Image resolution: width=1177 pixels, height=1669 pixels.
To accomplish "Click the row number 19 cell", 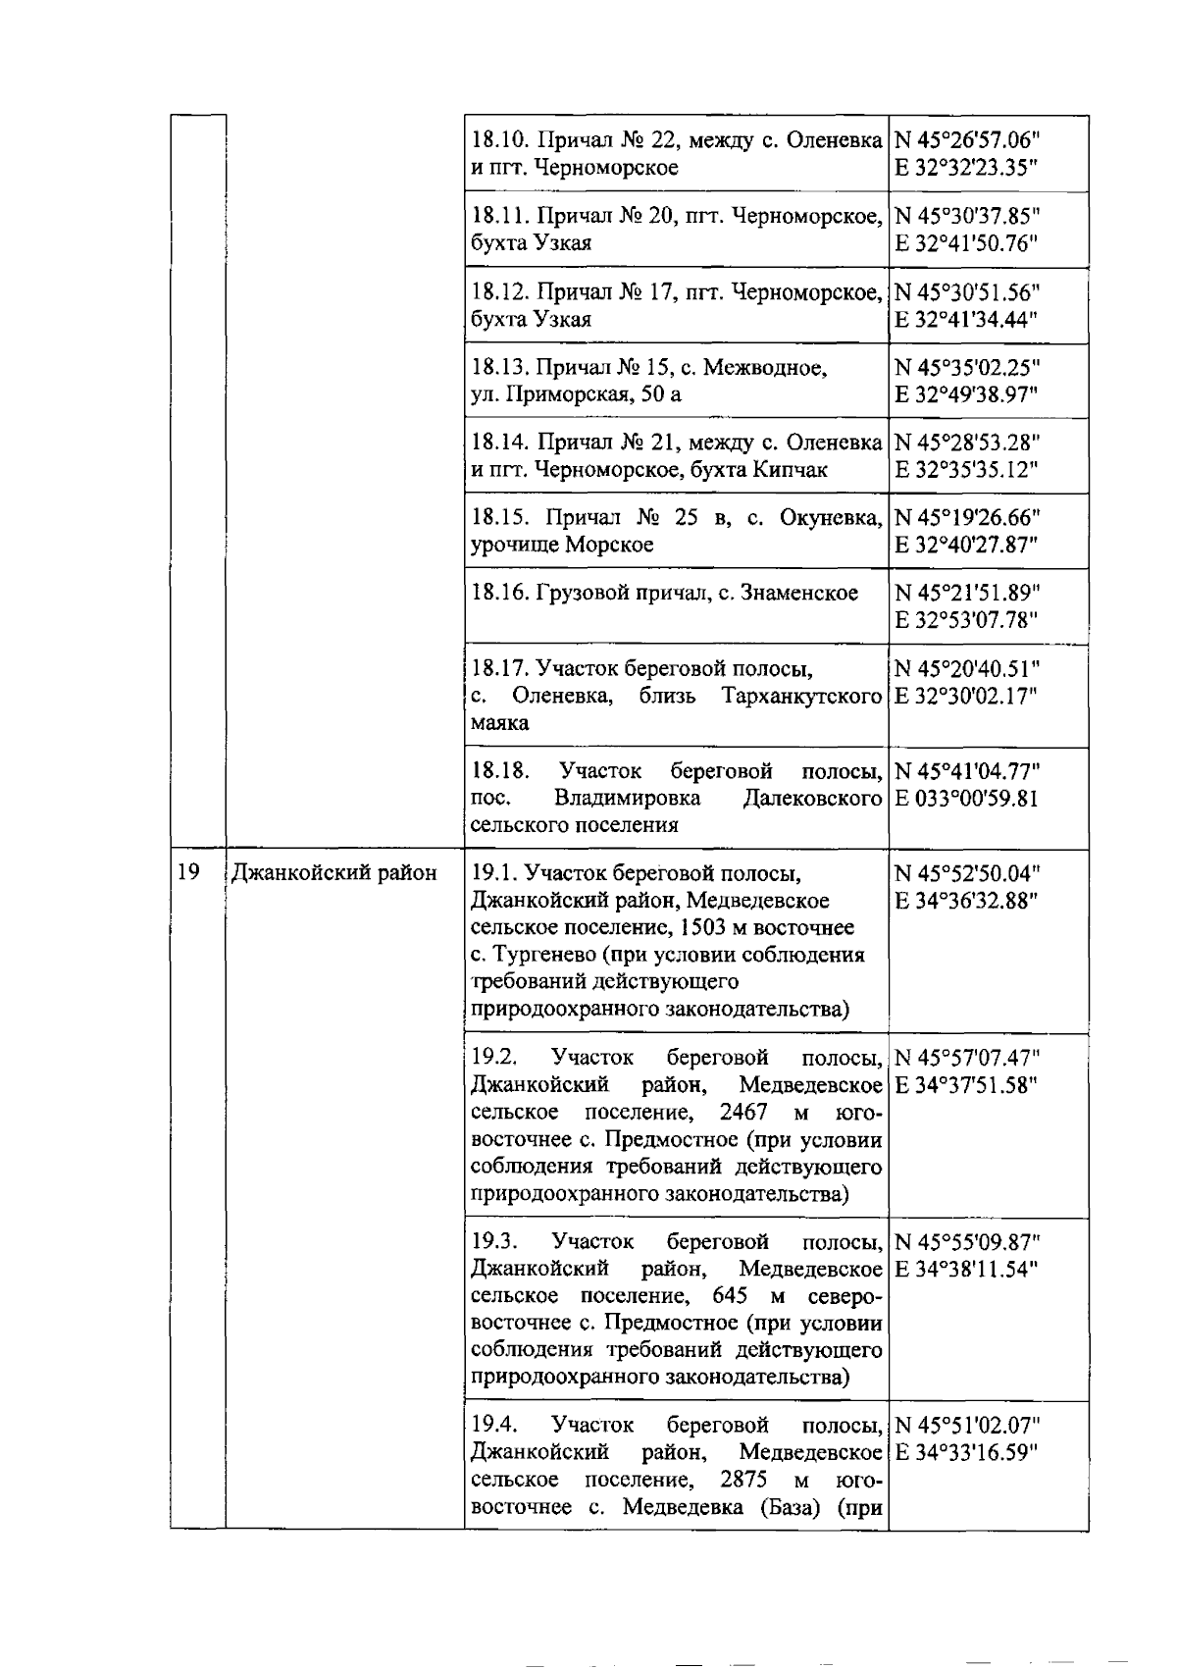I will [188, 871].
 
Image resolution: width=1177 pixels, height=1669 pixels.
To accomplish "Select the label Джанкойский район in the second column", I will [333, 872].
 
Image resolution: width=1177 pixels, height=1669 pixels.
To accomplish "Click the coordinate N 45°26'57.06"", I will [967, 140].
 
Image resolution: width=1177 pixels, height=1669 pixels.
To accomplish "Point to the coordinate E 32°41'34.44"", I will [965, 319].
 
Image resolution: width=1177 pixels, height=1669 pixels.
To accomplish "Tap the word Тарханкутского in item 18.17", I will [802, 697].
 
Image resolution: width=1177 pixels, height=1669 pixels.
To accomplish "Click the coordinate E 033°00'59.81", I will [965, 798].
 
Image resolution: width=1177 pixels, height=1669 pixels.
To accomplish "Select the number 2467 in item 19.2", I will [744, 1112].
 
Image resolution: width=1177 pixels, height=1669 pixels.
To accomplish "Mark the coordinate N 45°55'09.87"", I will [967, 1241].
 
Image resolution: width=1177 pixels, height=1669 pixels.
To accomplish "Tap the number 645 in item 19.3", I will [732, 1295].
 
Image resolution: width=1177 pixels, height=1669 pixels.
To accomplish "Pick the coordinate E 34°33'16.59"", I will [965, 1452].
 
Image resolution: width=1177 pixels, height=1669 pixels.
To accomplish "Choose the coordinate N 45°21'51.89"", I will [967, 593].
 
